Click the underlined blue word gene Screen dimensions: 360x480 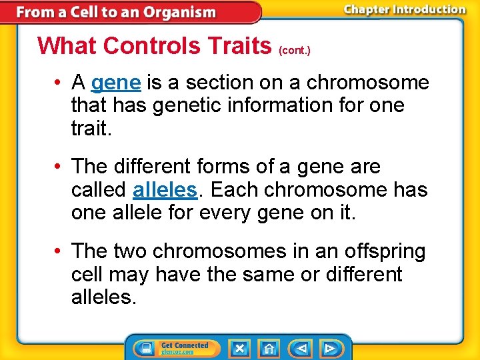pos(115,83)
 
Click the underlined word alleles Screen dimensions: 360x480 pos(165,190)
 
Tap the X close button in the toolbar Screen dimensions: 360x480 pos(239,348)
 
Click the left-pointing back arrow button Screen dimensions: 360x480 pos(301,348)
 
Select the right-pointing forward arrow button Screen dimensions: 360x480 pos(330,348)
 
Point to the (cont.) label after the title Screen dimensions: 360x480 pos(294,49)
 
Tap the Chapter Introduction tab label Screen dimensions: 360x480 pos(405,9)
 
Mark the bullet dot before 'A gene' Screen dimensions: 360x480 pos(59,83)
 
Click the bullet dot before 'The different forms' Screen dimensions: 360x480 pos(59,167)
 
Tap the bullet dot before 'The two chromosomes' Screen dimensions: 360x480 pos(59,251)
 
